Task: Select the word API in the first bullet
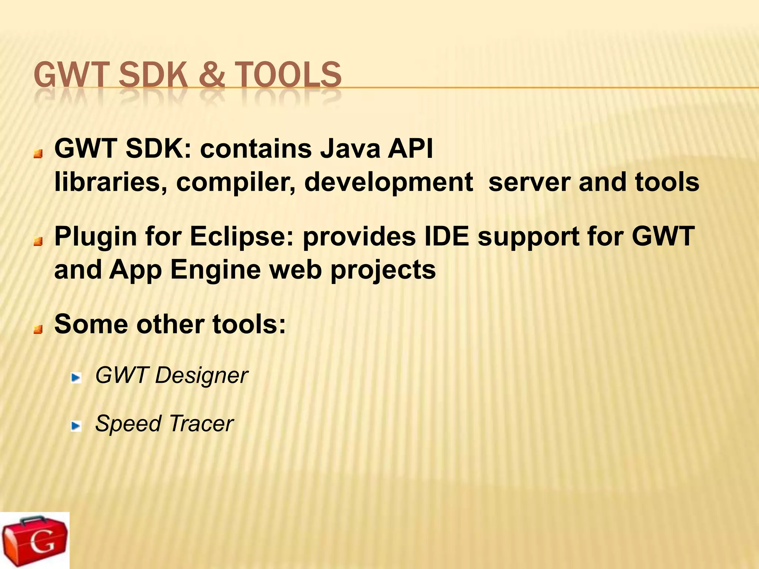coord(410,149)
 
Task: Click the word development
coord(388,183)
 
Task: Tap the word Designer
coord(201,376)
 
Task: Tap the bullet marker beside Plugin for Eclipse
coord(38,242)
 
